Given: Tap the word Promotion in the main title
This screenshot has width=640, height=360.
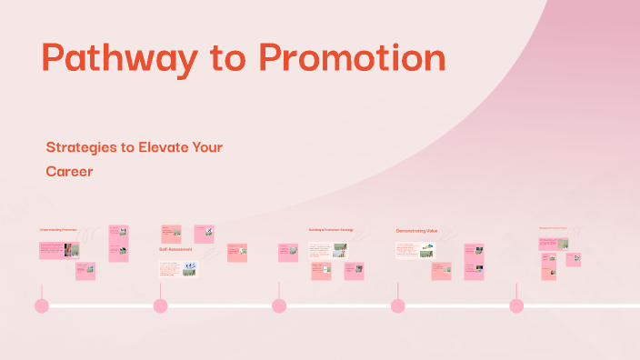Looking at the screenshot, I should click(x=352, y=58).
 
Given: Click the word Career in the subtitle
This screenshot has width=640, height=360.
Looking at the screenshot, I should click(x=71, y=170).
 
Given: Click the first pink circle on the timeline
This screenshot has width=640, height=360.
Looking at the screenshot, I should click(x=41, y=305).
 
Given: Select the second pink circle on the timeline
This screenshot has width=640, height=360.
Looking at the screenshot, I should click(x=160, y=305).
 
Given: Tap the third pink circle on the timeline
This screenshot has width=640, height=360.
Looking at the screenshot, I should click(x=279, y=305).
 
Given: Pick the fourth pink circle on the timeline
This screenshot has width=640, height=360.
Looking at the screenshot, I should click(x=398, y=305).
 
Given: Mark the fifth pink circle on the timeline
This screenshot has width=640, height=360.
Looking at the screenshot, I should click(x=516, y=305).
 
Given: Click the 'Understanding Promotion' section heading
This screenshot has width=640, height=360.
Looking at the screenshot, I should click(x=57, y=230).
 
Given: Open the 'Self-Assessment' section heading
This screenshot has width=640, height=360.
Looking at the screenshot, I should click(x=175, y=248).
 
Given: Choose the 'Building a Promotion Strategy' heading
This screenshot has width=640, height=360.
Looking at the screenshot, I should click(x=331, y=229).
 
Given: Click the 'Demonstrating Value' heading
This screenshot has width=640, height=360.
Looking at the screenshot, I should click(x=416, y=231).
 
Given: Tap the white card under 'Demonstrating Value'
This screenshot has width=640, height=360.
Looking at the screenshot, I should click(x=415, y=250).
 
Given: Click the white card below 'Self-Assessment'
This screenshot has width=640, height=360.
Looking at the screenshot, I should click(x=177, y=269).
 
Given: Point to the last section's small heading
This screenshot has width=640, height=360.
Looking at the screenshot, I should click(x=552, y=228).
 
